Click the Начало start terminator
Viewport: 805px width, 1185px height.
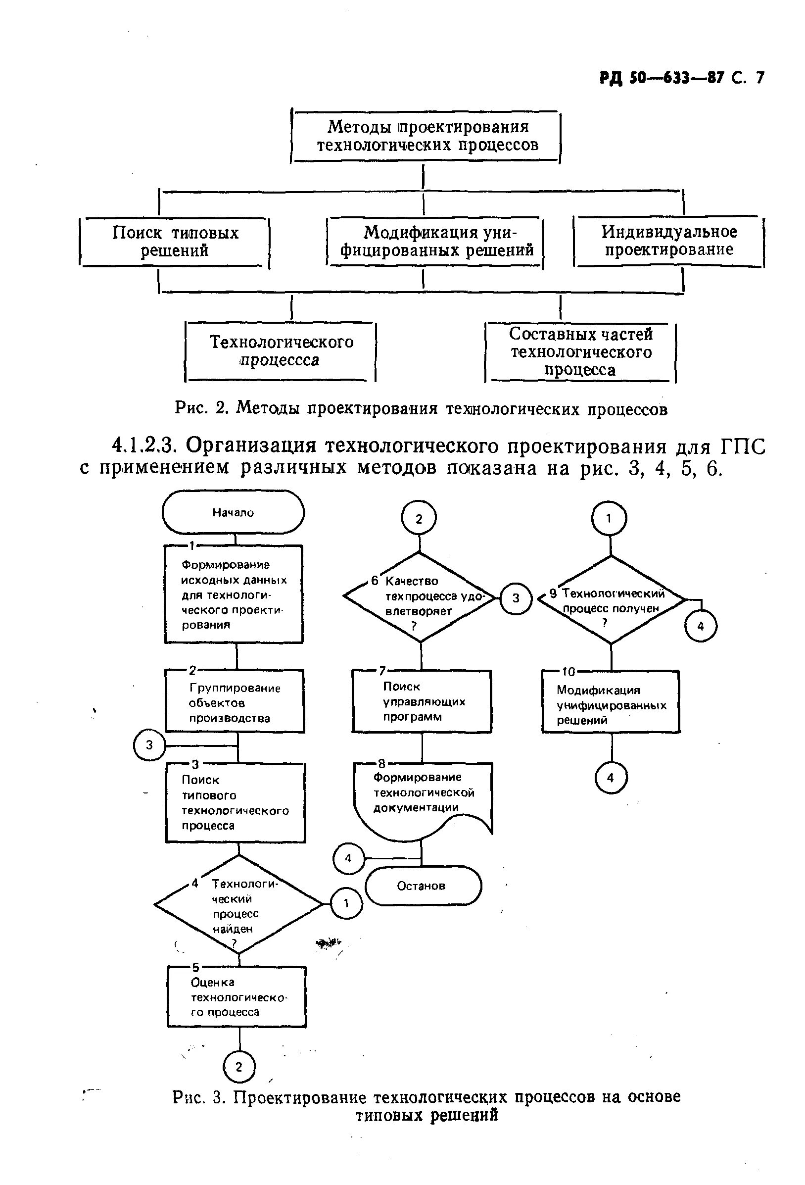coord(233,512)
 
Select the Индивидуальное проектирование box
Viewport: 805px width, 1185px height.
coord(669,241)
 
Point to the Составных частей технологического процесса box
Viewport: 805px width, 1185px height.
coord(580,352)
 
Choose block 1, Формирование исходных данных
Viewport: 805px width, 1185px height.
coord(234,594)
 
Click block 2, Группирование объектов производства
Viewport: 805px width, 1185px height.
coord(235,701)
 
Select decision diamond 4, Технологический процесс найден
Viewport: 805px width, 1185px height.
coord(238,905)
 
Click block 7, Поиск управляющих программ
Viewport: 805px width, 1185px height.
coord(422,701)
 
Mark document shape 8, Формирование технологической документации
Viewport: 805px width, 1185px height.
coord(423,800)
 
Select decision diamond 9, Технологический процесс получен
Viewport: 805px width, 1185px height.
coord(611,599)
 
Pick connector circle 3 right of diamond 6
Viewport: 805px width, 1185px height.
coord(516,597)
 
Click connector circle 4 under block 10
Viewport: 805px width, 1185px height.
coord(611,778)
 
